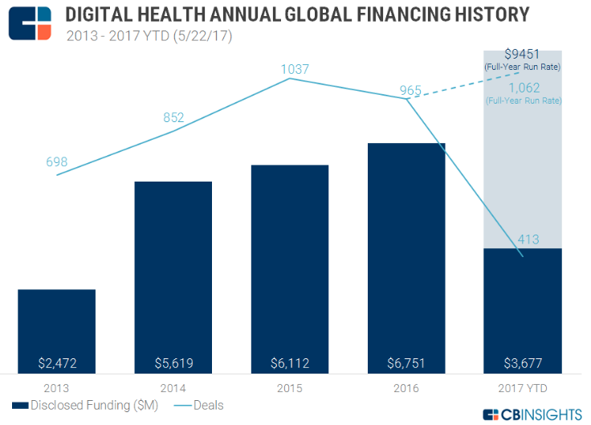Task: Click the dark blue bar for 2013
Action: pyautogui.click(x=56, y=325)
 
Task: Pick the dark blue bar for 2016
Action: pyautogui.click(x=406, y=249)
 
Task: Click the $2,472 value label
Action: pyautogui.click(x=56, y=362)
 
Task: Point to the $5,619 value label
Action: pyautogui.click(x=173, y=362)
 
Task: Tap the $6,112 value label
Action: pyautogui.click(x=289, y=362)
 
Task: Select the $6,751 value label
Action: pyautogui.click(x=406, y=362)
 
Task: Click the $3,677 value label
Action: pyautogui.click(x=523, y=362)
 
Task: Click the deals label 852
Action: pyautogui.click(x=173, y=118)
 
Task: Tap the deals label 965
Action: pyautogui.click(x=410, y=90)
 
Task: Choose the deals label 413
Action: pyautogui.click(x=528, y=239)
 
